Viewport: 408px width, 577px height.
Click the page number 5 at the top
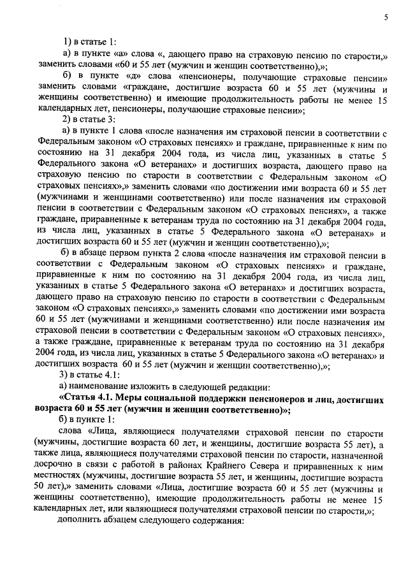[386, 18]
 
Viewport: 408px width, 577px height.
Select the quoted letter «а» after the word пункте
[122, 55]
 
